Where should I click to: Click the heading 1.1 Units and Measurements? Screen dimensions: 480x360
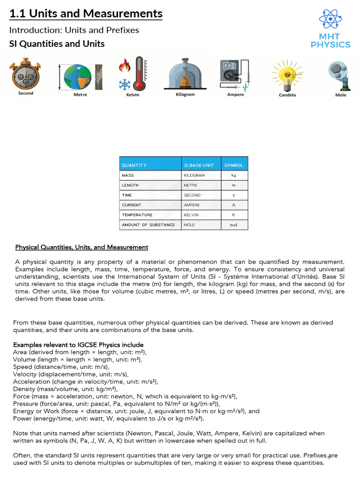[x=86, y=14]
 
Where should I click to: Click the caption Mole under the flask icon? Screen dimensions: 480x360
[x=341, y=95]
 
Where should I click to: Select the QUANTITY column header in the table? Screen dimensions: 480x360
[x=134, y=165]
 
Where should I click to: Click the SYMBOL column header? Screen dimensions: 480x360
[x=233, y=165]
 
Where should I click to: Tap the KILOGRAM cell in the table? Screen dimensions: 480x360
[x=194, y=175]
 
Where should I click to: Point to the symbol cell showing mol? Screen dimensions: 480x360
[x=234, y=225]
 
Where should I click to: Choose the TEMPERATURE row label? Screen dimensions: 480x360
[x=137, y=215]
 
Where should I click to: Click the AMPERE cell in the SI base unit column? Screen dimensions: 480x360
[x=192, y=205]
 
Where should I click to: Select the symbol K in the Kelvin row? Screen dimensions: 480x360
[x=234, y=215]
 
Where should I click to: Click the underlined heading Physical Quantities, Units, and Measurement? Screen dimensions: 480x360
[x=82, y=247]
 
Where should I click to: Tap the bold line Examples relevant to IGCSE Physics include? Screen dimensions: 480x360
[x=78, y=345]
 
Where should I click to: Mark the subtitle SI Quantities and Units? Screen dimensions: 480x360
[x=57, y=44]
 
